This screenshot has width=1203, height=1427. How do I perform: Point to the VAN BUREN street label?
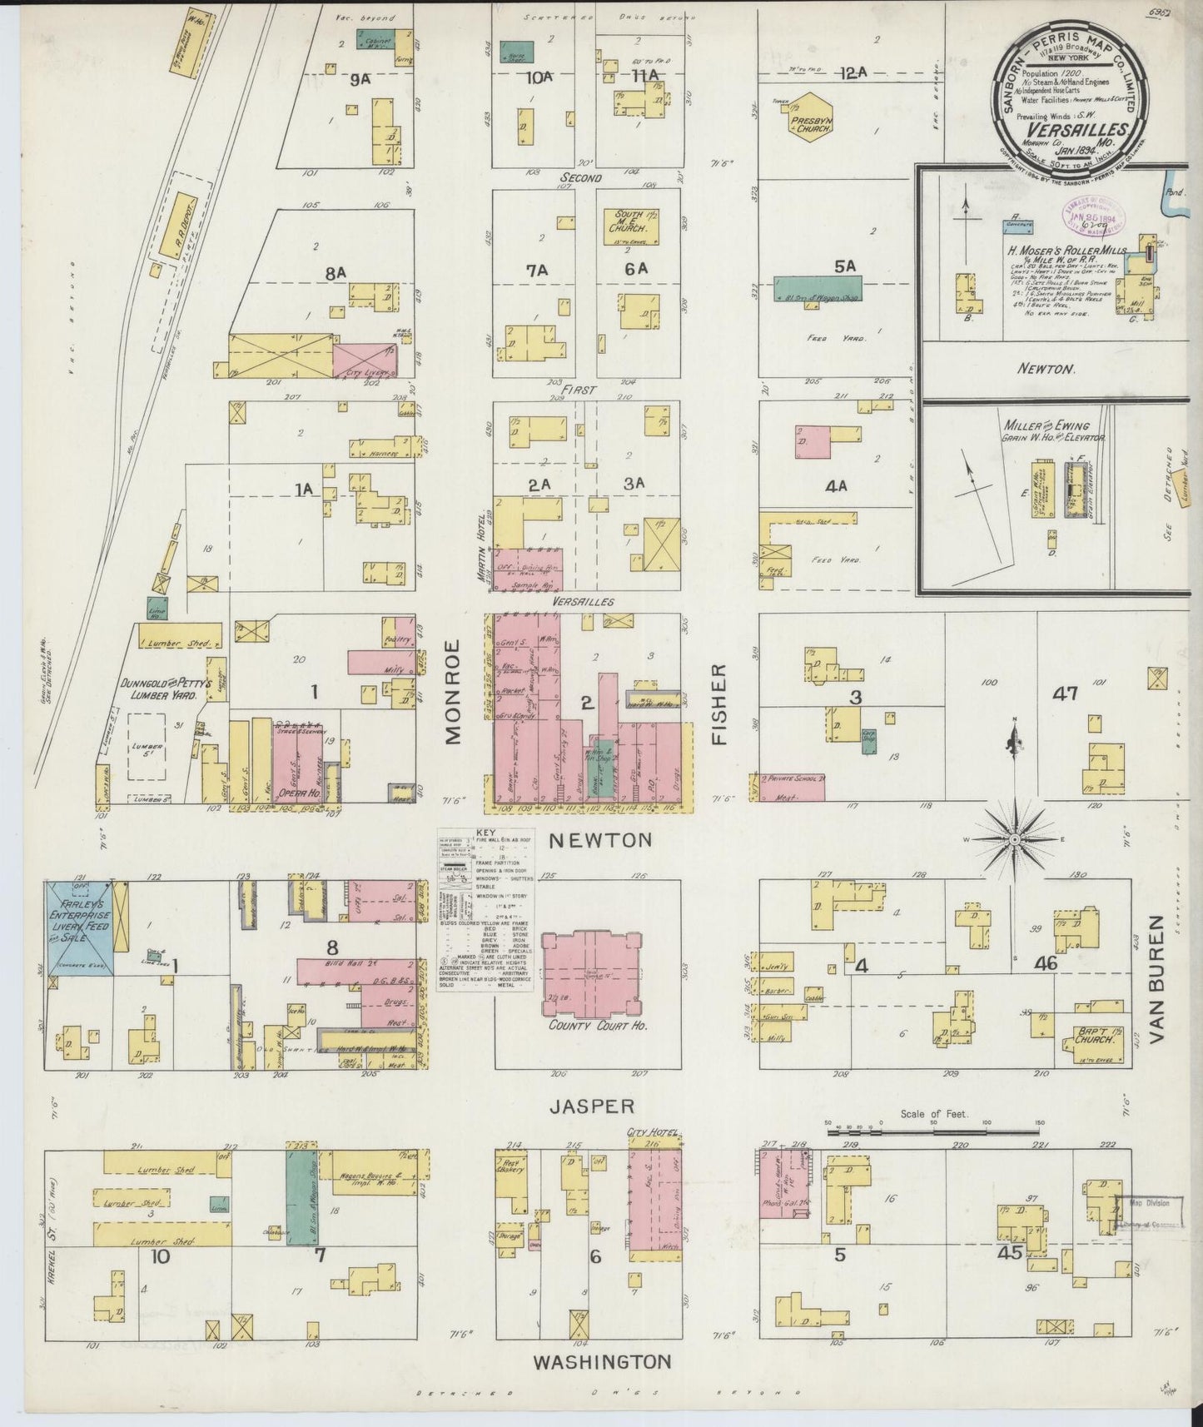click(1158, 981)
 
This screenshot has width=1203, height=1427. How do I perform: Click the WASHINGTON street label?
click(601, 1362)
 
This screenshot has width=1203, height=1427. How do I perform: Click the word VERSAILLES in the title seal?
click(1076, 129)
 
